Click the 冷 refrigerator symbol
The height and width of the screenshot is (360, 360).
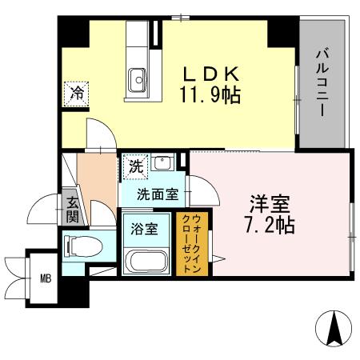[x=78, y=93]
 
